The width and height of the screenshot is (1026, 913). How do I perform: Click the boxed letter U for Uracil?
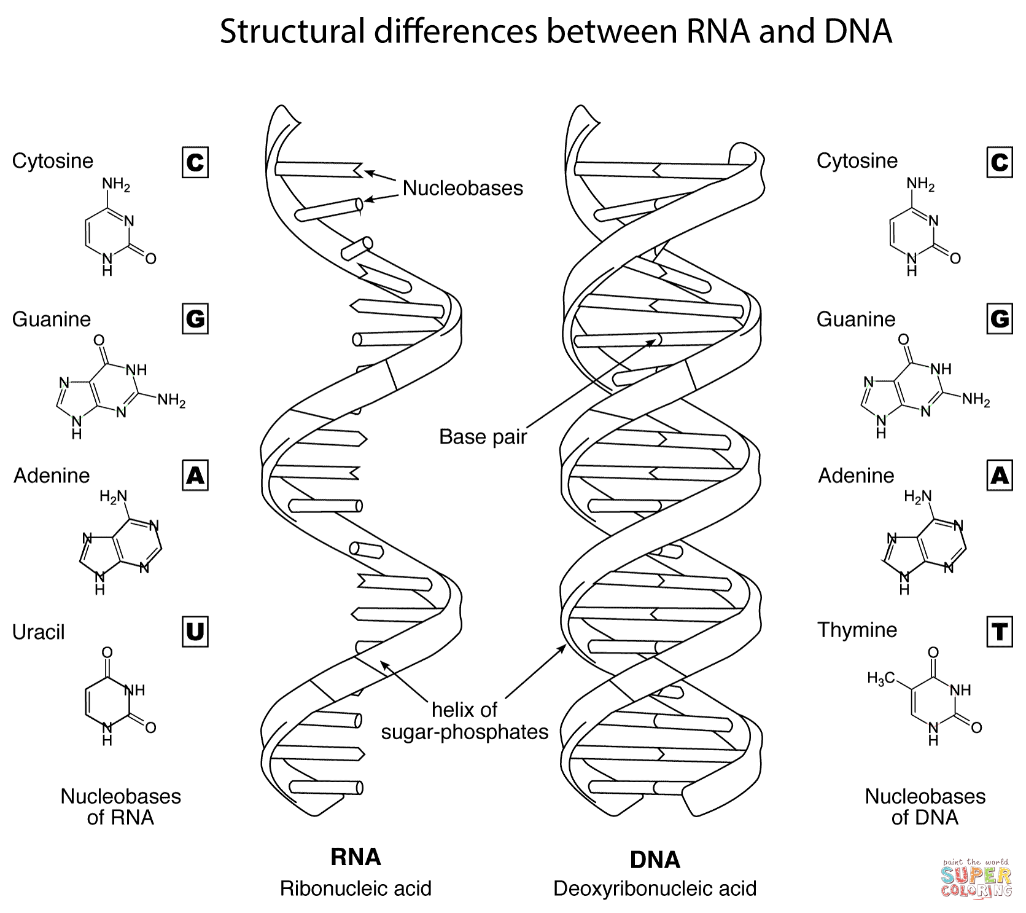pyautogui.click(x=195, y=632)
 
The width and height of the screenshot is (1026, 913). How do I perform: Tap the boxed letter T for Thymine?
pyautogui.click(x=999, y=632)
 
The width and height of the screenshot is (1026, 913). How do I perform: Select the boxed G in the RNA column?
pyautogui.click(x=195, y=319)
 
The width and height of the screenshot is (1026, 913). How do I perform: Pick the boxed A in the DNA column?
pyautogui.click(x=999, y=476)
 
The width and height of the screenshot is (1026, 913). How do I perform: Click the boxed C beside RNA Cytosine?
pyautogui.click(x=195, y=162)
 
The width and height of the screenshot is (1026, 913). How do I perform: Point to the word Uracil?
pyautogui.click(x=38, y=632)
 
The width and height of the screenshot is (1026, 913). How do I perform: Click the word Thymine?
pyautogui.click(x=857, y=630)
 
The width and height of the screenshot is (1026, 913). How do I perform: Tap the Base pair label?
pyautogui.click(x=483, y=437)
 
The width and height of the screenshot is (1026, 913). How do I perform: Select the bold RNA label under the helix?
pyautogui.click(x=356, y=857)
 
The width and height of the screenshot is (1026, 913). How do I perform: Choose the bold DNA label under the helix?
pyautogui.click(x=655, y=860)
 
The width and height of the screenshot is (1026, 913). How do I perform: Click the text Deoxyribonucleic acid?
pyautogui.click(x=655, y=888)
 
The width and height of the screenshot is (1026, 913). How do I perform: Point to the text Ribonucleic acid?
pyautogui.click(x=356, y=888)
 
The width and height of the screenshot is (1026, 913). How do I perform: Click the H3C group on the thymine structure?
pyautogui.click(x=880, y=679)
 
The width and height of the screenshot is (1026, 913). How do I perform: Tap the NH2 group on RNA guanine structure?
pyautogui.click(x=171, y=401)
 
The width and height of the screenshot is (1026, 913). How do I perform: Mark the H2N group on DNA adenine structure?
pyautogui.click(x=917, y=496)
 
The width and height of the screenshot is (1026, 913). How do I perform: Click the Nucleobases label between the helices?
pyautogui.click(x=463, y=188)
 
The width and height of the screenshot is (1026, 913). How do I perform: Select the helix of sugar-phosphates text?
pyautogui.click(x=465, y=721)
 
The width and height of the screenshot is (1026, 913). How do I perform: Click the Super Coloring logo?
pyautogui.click(x=976, y=879)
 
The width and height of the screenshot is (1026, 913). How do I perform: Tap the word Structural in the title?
pyautogui.click(x=292, y=31)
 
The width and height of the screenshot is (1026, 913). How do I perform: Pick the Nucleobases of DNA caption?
pyautogui.click(x=925, y=807)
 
